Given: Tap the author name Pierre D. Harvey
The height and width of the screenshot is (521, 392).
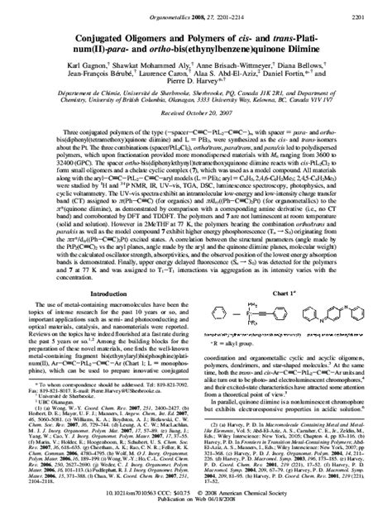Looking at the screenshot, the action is tap(195, 80).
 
